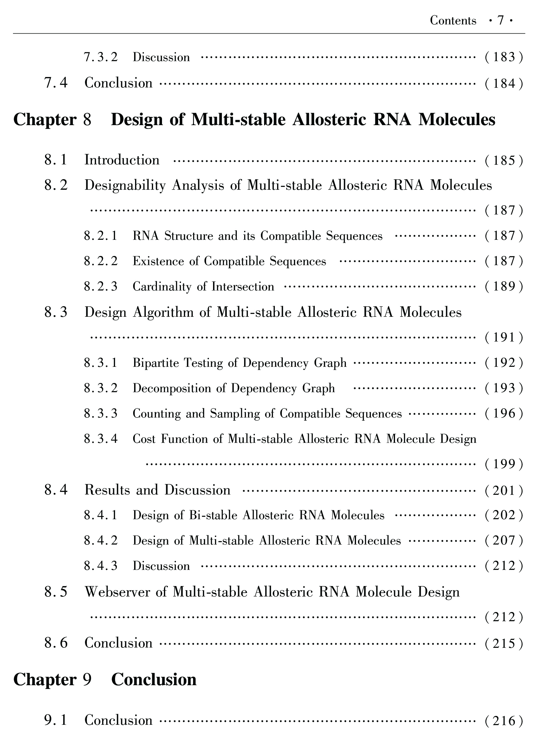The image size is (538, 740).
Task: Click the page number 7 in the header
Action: click(501, 21)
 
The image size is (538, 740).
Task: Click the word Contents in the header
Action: click(453, 21)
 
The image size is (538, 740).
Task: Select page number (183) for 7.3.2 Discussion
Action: click(504, 57)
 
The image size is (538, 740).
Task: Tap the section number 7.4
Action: click(56, 83)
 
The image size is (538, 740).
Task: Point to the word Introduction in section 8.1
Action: click(122, 160)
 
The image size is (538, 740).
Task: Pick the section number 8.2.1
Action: click(100, 236)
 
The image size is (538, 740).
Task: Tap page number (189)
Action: click(504, 286)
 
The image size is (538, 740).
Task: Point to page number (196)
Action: click(504, 414)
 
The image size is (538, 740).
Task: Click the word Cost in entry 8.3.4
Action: click(144, 439)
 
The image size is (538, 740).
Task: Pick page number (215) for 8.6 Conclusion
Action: click(504, 643)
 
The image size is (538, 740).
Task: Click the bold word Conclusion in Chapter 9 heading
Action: click(154, 680)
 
